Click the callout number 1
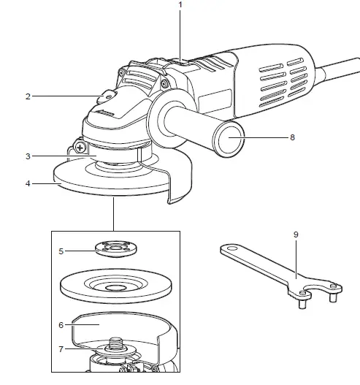(179, 5)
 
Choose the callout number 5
(62, 251)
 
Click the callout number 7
(62, 348)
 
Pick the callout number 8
(293, 136)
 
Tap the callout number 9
(296, 235)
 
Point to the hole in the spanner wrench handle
(232, 250)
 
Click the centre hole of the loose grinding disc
(114, 288)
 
